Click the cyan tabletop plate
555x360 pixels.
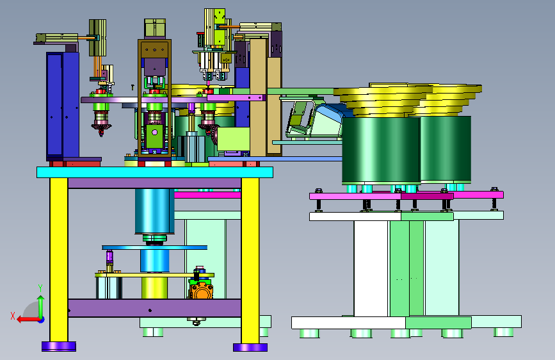[155, 172]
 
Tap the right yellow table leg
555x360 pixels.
[250, 261]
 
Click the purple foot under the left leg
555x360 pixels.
[59, 346]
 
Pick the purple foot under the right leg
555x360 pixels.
[250, 347]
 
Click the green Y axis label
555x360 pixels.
[40, 288]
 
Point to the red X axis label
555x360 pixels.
[13, 316]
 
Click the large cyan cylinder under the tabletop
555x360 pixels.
[154, 211]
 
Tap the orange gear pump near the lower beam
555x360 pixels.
[202, 290]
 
